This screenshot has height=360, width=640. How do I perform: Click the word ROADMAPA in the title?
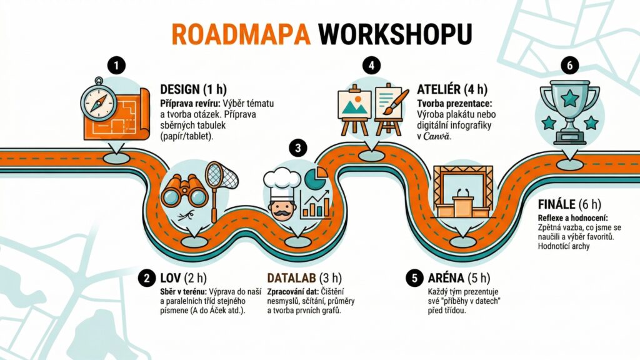tap(241, 34)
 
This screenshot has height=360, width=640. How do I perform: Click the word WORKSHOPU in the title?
tap(395, 34)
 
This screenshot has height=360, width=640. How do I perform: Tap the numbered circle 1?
tap(116, 66)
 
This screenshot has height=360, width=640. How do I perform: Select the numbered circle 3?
tap(298, 147)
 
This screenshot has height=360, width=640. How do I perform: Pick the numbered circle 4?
tap(371, 66)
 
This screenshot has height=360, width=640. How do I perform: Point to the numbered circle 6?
tap(570, 66)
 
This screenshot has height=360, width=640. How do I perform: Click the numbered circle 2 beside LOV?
tap(147, 278)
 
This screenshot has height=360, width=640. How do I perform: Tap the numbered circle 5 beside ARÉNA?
tap(415, 278)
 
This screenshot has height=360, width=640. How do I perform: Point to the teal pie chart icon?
tap(316, 178)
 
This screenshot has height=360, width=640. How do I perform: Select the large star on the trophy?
tap(569, 98)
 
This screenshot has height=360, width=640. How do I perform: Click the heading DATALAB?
tap(291, 278)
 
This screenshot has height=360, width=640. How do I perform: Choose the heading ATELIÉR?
tap(439, 89)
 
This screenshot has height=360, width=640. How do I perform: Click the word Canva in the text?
tap(437, 136)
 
